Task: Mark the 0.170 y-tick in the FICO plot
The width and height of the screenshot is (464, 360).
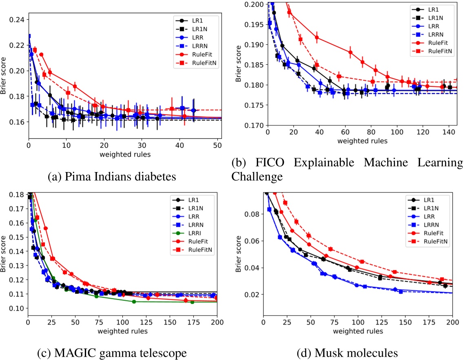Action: [254, 126]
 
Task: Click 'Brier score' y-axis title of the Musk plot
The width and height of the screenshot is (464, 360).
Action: [239, 254]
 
